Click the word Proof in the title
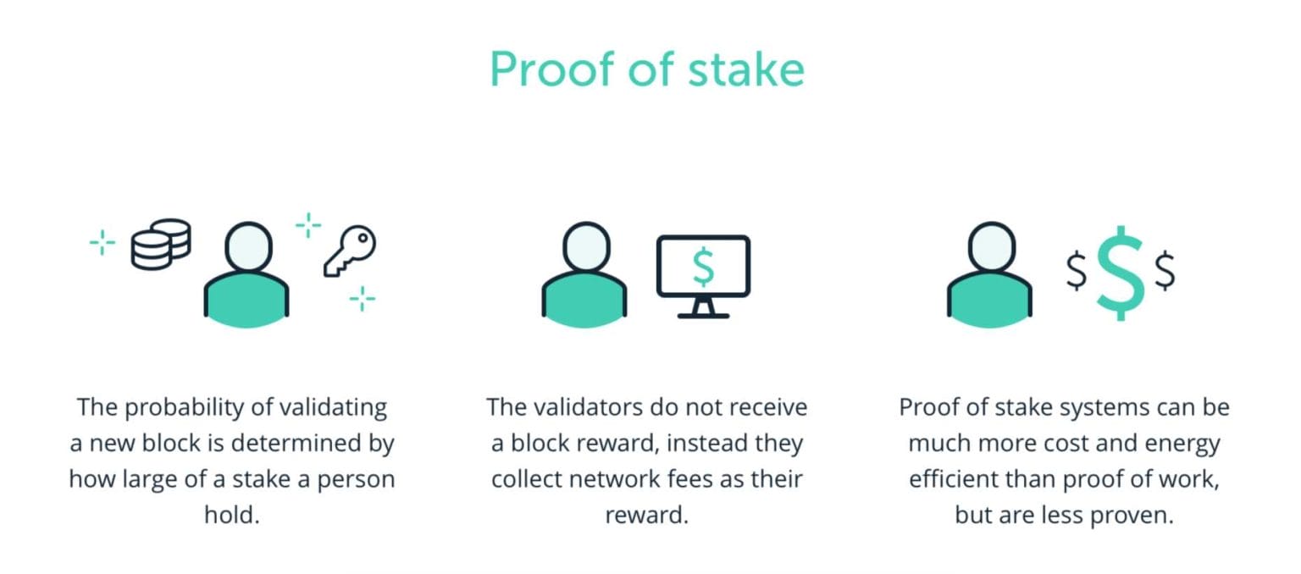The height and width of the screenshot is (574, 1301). (x=551, y=70)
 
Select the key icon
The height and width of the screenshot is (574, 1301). (x=350, y=251)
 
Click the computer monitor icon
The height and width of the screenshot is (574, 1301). (x=703, y=266)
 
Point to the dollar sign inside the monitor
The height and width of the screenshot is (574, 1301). (x=703, y=266)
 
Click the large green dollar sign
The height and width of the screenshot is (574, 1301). (x=1120, y=273)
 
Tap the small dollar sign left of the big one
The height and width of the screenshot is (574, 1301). (x=1076, y=271)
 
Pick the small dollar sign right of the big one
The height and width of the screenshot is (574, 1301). (x=1165, y=271)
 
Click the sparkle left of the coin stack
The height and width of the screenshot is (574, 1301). (x=102, y=244)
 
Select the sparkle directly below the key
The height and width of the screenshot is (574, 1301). (x=363, y=298)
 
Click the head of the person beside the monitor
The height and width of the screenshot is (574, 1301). (x=584, y=247)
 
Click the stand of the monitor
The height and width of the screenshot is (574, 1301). (x=703, y=308)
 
